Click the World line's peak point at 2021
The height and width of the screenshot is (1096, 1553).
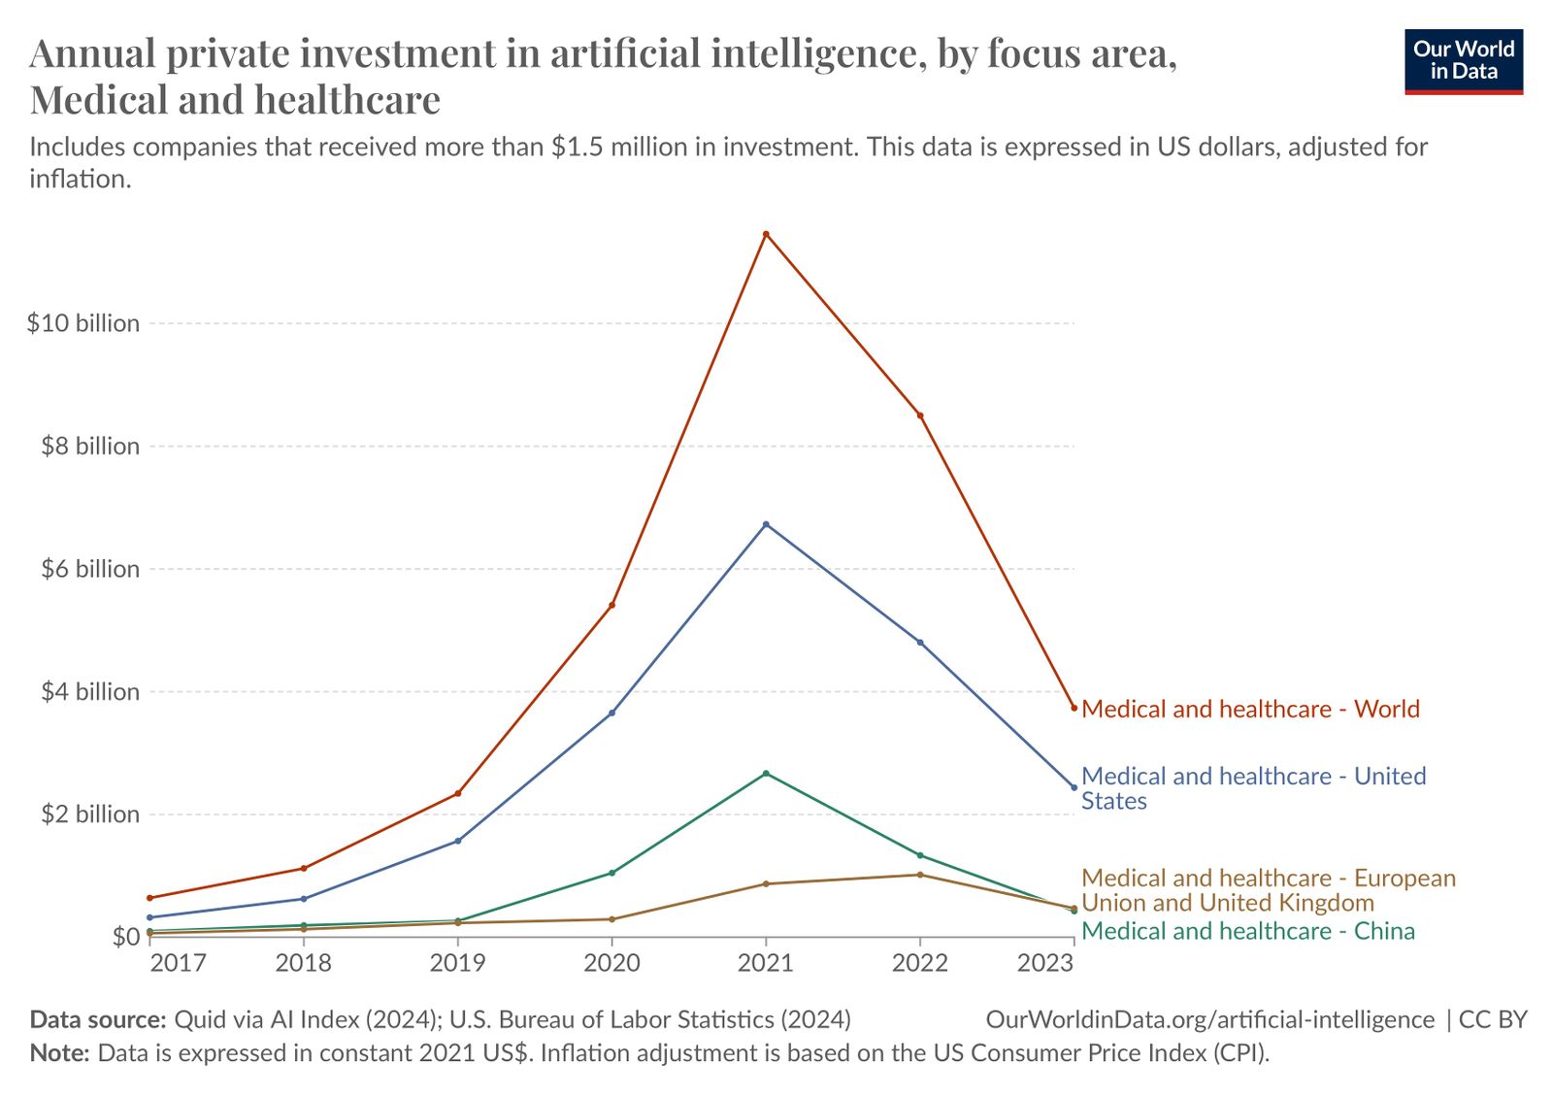pyautogui.click(x=766, y=234)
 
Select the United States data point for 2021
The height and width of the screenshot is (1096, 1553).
pyautogui.click(x=766, y=524)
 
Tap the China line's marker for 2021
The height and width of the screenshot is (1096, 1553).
pyautogui.click(x=766, y=773)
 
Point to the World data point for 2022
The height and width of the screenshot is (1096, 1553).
pyautogui.click(x=920, y=415)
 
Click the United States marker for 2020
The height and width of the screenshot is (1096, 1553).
pyautogui.click(x=611, y=713)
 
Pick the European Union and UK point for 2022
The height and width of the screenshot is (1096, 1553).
pyautogui.click(x=920, y=875)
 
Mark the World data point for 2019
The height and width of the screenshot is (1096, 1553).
pyautogui.click(x=458, y=793)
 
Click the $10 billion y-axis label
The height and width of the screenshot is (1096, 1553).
pyautogui.click(x=83, y=323)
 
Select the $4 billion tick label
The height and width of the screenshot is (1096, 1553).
pyautogui.click(x=89, y=692)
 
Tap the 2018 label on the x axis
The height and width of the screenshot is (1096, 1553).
pyautogui.click(x=304, y=963)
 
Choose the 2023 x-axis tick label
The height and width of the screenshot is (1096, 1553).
pyautogui.click(x=1045, y=963)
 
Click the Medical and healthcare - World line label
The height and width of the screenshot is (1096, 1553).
pyautogui.click(x=1250, y=710)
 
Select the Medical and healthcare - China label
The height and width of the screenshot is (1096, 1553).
pyautogui.click(x=1248, y=932)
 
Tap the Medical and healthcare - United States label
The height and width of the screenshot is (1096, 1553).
pyautogui.click(x=1252, y=788)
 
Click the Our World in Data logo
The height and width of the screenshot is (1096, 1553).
pyautogui.click(x=1464, y=61)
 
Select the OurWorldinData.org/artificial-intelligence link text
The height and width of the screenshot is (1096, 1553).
pyautogui.click(x=1209, y=1019)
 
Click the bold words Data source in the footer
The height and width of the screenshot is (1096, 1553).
pyautogui.click(x=98, y=1019)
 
